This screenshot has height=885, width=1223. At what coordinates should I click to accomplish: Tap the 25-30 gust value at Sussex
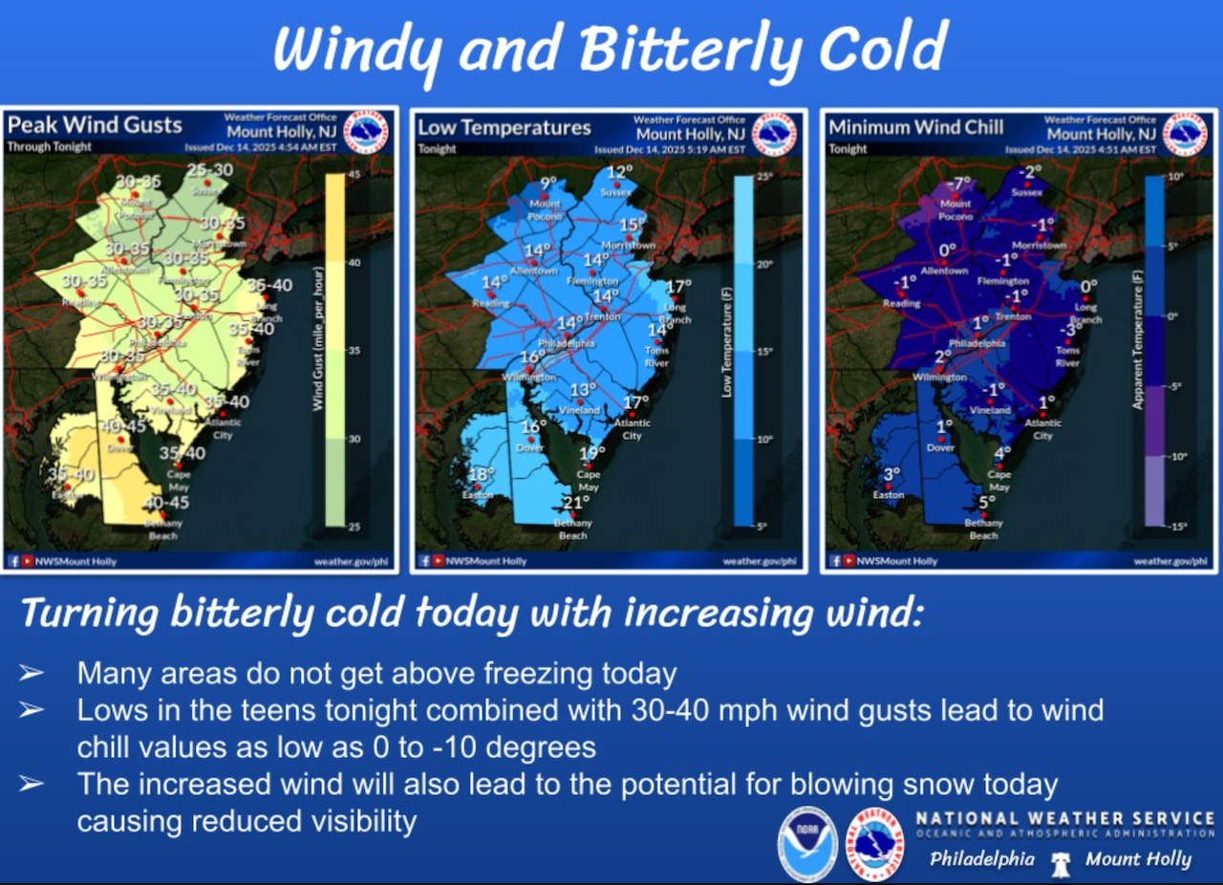[209, 170]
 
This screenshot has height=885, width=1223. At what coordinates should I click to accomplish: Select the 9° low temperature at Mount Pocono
[547, 183]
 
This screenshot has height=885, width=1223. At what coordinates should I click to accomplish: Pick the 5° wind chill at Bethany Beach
[987, 502]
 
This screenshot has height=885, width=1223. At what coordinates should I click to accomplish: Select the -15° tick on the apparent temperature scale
[1180, 526]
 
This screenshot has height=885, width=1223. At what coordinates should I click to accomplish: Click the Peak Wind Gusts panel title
[95, 125]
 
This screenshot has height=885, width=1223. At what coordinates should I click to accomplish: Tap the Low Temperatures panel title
[504, 127]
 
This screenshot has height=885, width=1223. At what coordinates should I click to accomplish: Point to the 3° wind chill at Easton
[891, 475]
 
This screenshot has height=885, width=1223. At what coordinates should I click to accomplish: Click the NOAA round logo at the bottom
[807, 845]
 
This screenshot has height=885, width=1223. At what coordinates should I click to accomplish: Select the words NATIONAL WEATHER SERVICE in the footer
[1064, 819]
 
